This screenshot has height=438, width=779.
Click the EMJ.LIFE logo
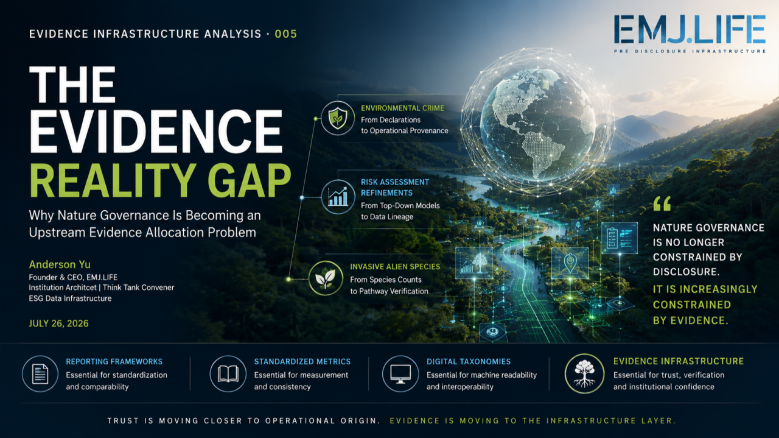point(690,34)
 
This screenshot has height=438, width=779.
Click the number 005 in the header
point(286,34)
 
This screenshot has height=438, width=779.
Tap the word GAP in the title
point(250,181)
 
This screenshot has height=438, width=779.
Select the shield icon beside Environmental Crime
point(338,118)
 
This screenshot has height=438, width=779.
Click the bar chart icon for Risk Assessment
point(338,197)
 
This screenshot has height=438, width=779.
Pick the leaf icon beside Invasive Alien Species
point(326,278)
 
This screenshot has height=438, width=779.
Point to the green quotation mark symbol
point(662,203)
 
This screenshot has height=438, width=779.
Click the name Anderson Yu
point(60,264)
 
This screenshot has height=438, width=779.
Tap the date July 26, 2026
point(59,323)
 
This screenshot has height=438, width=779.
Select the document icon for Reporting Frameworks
point(40,373)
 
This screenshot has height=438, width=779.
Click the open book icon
point(228,373)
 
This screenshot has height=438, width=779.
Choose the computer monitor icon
point(400,373)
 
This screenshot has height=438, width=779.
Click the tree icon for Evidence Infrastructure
point(585,373)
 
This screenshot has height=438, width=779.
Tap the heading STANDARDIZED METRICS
point(302,362)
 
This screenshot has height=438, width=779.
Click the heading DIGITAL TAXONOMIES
point(469,362)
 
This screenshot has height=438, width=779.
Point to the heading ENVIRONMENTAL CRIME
point(402,108)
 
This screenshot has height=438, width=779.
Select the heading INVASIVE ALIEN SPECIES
point(395,267)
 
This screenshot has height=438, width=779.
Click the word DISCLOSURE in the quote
point(686,272)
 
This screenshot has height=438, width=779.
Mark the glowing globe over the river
point(537,122)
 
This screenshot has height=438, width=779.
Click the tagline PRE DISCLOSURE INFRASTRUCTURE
point(690,51)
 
